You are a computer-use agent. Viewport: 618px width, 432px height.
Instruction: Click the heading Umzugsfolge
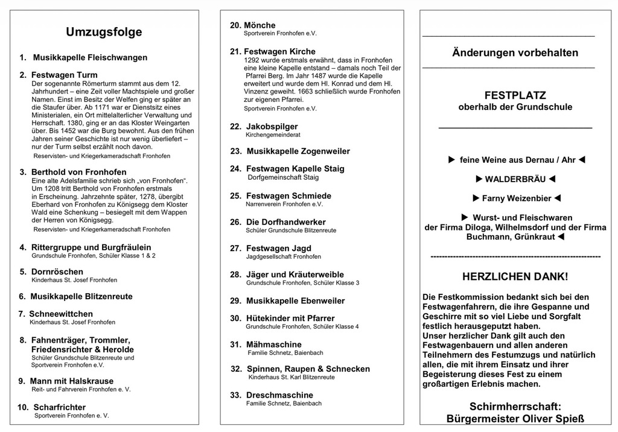[104, 32]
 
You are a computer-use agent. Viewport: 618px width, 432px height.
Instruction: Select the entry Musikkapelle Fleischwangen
[90, 58]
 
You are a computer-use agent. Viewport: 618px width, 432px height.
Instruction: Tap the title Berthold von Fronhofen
[79, 172]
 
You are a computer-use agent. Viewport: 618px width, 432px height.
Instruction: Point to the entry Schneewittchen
[61, 314]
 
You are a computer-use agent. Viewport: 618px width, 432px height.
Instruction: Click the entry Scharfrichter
[60, 407]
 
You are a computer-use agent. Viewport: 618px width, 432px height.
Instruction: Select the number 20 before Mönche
[235, 25]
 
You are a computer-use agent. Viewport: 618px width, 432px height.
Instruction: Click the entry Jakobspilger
[272, 127]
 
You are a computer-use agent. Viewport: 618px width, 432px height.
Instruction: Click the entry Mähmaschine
[274, 345]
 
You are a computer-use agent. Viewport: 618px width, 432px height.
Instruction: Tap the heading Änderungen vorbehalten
[515, 52]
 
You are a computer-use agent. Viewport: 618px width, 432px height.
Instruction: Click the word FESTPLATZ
[515, 95]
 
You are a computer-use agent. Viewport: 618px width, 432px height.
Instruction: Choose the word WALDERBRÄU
[515, 179]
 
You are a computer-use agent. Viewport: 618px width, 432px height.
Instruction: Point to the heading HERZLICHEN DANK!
[515, 277]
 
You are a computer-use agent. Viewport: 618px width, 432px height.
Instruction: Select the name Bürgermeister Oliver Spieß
[515, 418]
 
